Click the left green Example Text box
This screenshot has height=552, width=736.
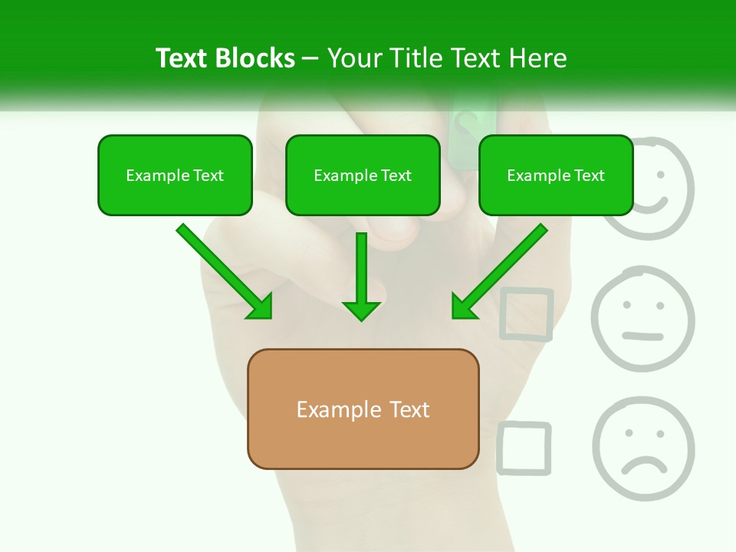click(175, 176)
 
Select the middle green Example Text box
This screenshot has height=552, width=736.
click(363, 176)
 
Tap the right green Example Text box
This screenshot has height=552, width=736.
click(556, 176)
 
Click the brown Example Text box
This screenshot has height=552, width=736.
click(363, 409)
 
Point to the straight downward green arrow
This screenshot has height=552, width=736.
click(361, 276)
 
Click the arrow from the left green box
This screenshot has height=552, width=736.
click(224, 271)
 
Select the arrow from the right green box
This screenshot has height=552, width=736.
click(499, 271)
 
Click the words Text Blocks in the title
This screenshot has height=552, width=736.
click(225, 58)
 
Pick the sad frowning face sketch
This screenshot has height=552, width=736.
click(642, 449)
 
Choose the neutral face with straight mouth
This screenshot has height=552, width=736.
click(642, 319)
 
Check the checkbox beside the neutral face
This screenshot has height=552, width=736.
click(526, 314)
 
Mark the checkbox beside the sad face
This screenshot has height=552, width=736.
click(524, 448)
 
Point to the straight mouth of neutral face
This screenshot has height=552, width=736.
click(642, 336)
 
